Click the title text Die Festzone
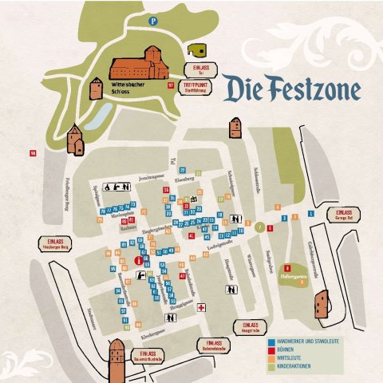[x=291, y=89]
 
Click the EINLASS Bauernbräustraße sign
[x=148, y=356]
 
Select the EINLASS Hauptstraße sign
[x=247, y=327]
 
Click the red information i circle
[x=139, y=260]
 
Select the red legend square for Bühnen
[x=271, y=349]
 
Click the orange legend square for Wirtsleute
[x=271, y=357]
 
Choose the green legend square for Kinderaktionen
[x=271, y=365]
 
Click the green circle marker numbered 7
[x=259, y=227]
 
